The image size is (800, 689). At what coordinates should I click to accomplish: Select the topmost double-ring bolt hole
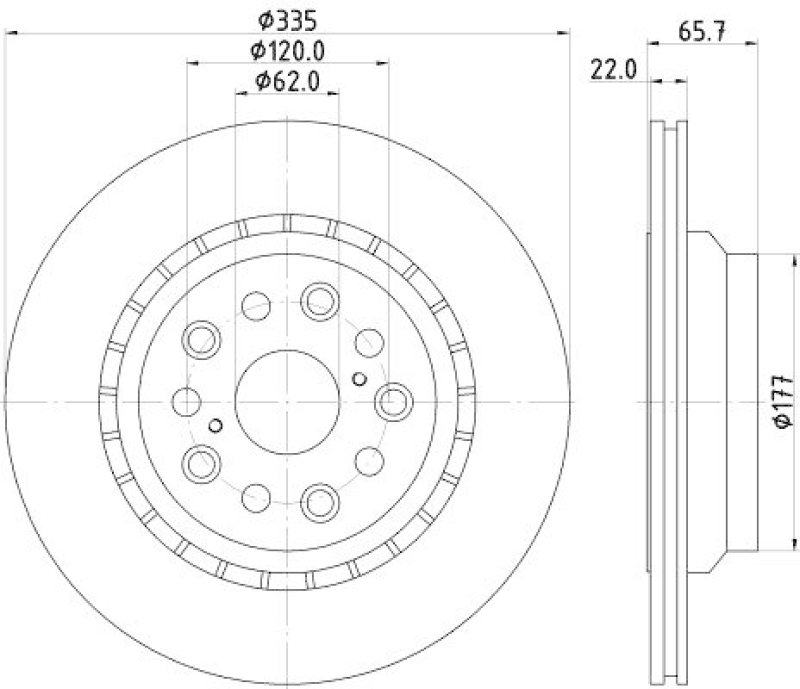[x=321, y=299]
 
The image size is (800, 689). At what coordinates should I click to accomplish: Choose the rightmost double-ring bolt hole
[x=394, y=401]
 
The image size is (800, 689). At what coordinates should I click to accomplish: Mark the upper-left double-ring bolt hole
[x=202, y=338]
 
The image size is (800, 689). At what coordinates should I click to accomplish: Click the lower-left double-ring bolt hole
[x=202, y=462]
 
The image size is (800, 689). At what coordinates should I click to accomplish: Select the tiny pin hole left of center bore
[x=215, y=425]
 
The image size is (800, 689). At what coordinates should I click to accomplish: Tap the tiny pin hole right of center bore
[x=360, y=378]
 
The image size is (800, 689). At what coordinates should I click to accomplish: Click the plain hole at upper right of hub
[x=368, y=341]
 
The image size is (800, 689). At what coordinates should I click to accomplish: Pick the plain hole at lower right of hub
[x=370, y=461]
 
